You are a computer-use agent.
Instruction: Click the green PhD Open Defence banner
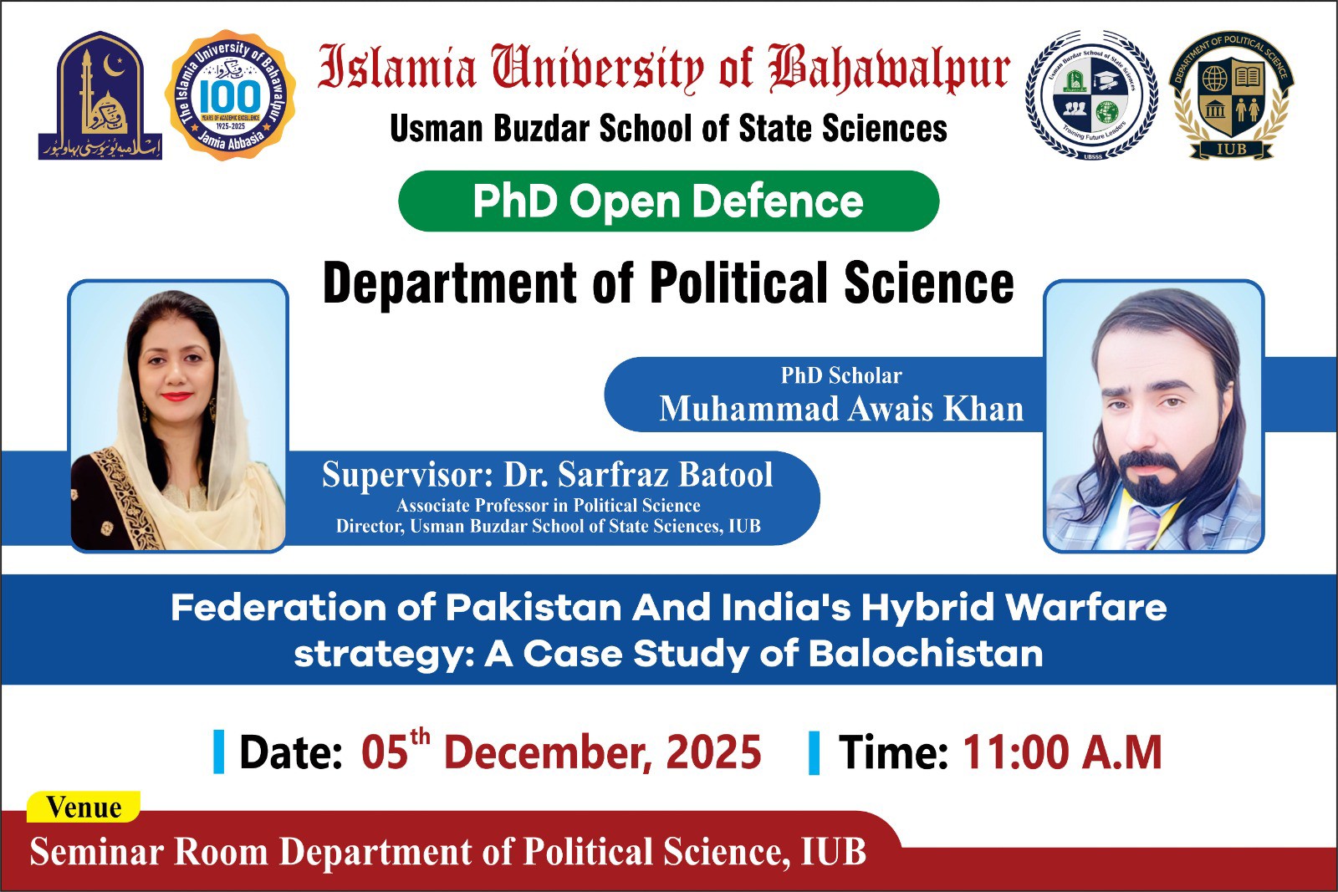coord(668,201)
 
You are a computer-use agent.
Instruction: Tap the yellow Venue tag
coord(84,808)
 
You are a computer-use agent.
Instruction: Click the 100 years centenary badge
coord(230,95)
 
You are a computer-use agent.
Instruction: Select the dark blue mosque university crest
coord(100,95)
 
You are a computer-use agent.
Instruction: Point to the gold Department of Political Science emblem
coord(1230,95)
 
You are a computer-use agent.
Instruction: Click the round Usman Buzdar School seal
coord(1090,95)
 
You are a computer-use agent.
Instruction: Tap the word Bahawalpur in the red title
coord(890,69)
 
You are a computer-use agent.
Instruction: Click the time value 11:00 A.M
coord(1062,752)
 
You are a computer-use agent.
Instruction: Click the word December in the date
coord(537,752)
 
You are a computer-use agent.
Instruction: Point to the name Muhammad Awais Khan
coord(841,409)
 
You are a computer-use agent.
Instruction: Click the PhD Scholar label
coord(841,375)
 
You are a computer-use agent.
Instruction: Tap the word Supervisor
coord(402,475)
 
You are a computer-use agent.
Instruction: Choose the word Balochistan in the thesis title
coord(926,654)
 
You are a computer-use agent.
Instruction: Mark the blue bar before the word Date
coord(219,752)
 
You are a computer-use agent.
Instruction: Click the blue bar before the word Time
coord(814,752)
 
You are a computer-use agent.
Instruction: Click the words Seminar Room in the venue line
coord(149,852)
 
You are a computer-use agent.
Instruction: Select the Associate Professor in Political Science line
coord(548,505)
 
